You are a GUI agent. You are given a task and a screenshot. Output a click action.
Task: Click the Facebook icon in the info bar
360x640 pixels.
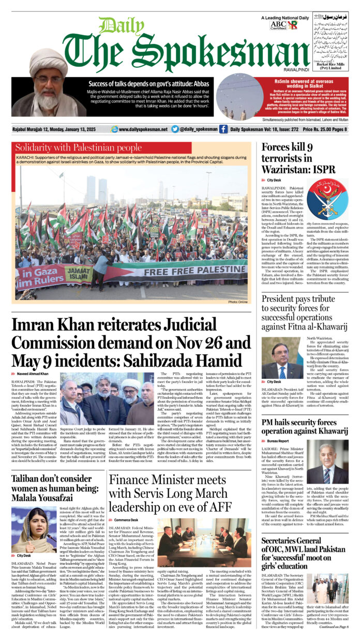pos(223,129)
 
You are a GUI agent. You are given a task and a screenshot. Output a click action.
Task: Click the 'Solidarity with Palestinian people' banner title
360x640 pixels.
pos(79,148)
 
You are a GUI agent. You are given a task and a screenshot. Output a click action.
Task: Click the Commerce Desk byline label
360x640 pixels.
pos(126,519)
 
